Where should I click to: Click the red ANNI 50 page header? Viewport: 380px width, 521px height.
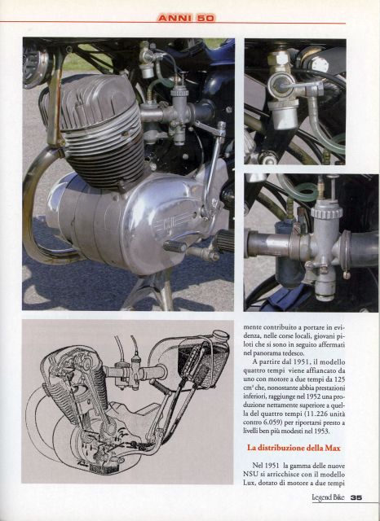tap(187, 18)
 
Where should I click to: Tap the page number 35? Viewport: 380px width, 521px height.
tap(356, 497)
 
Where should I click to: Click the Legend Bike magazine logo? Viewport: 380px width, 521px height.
tap(328, 497)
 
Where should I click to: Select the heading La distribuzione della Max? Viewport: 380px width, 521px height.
tap(294, 448)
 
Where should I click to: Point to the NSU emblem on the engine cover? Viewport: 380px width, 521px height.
tap(169, 221)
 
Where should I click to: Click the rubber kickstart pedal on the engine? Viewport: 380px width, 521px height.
tap(175, 247)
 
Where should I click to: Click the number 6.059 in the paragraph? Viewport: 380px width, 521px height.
tap(269, 423)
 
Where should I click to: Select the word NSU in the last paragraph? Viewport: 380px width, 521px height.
tap(250, 475)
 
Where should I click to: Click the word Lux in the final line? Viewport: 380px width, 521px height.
tap(249, 483)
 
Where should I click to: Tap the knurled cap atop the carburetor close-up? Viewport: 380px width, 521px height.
tap(327, 212)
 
